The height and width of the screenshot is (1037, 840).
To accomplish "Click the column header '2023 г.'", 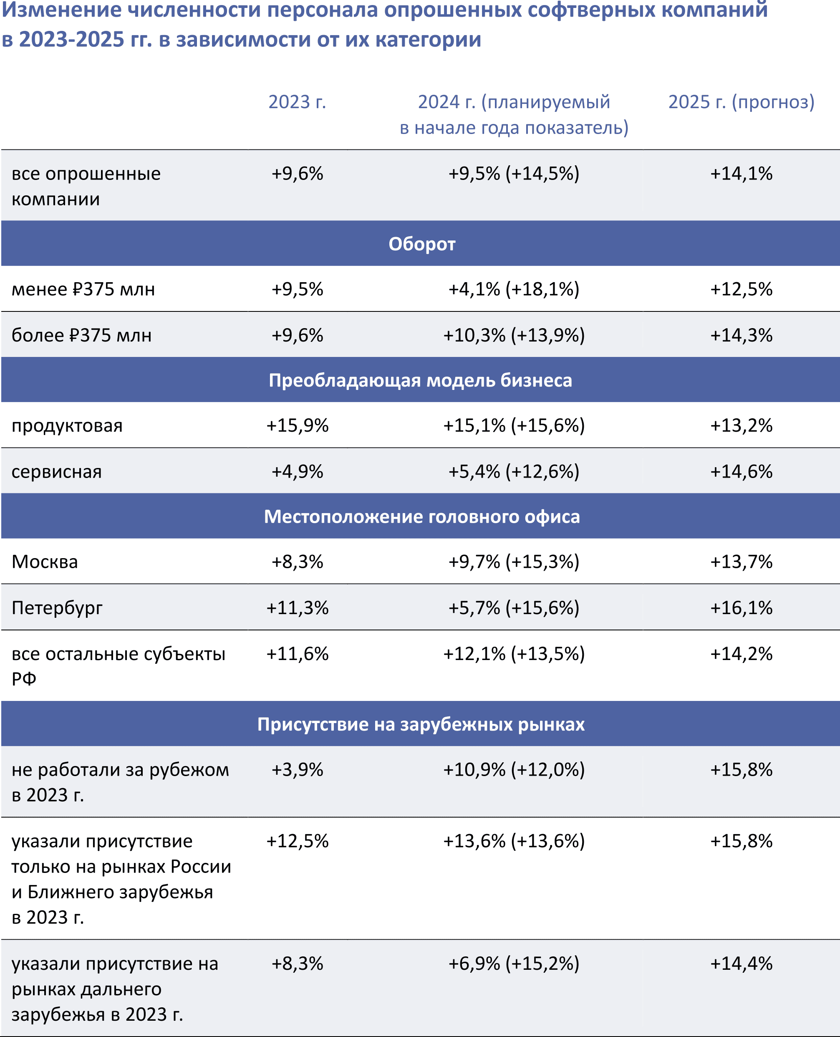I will point(297,102).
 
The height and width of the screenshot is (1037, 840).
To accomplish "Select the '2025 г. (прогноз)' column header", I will point(741,102).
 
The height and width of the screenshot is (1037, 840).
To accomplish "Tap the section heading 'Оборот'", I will point(421,244).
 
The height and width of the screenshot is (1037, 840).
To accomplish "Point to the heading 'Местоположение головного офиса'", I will point(421,516).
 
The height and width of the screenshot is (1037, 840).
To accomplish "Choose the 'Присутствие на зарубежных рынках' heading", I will point(421,724).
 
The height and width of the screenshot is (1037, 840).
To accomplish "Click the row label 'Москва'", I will point(45,562).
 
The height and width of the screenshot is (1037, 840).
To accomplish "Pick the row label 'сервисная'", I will point(57,472).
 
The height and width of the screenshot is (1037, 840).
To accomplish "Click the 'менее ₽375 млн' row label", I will point(83,289).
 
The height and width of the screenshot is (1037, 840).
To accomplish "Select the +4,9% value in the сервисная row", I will point(297,472).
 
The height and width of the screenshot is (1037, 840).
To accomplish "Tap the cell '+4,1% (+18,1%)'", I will point(513,289).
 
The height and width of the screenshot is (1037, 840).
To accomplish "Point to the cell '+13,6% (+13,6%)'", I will point(514,841).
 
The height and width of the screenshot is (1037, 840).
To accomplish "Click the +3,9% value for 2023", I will point(297,770).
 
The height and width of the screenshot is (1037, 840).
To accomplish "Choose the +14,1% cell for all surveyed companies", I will point(741,174).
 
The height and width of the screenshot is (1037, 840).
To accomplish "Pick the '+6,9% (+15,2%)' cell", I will point(513,964).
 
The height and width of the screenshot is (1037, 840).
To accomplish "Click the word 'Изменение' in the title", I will point(62,11).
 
